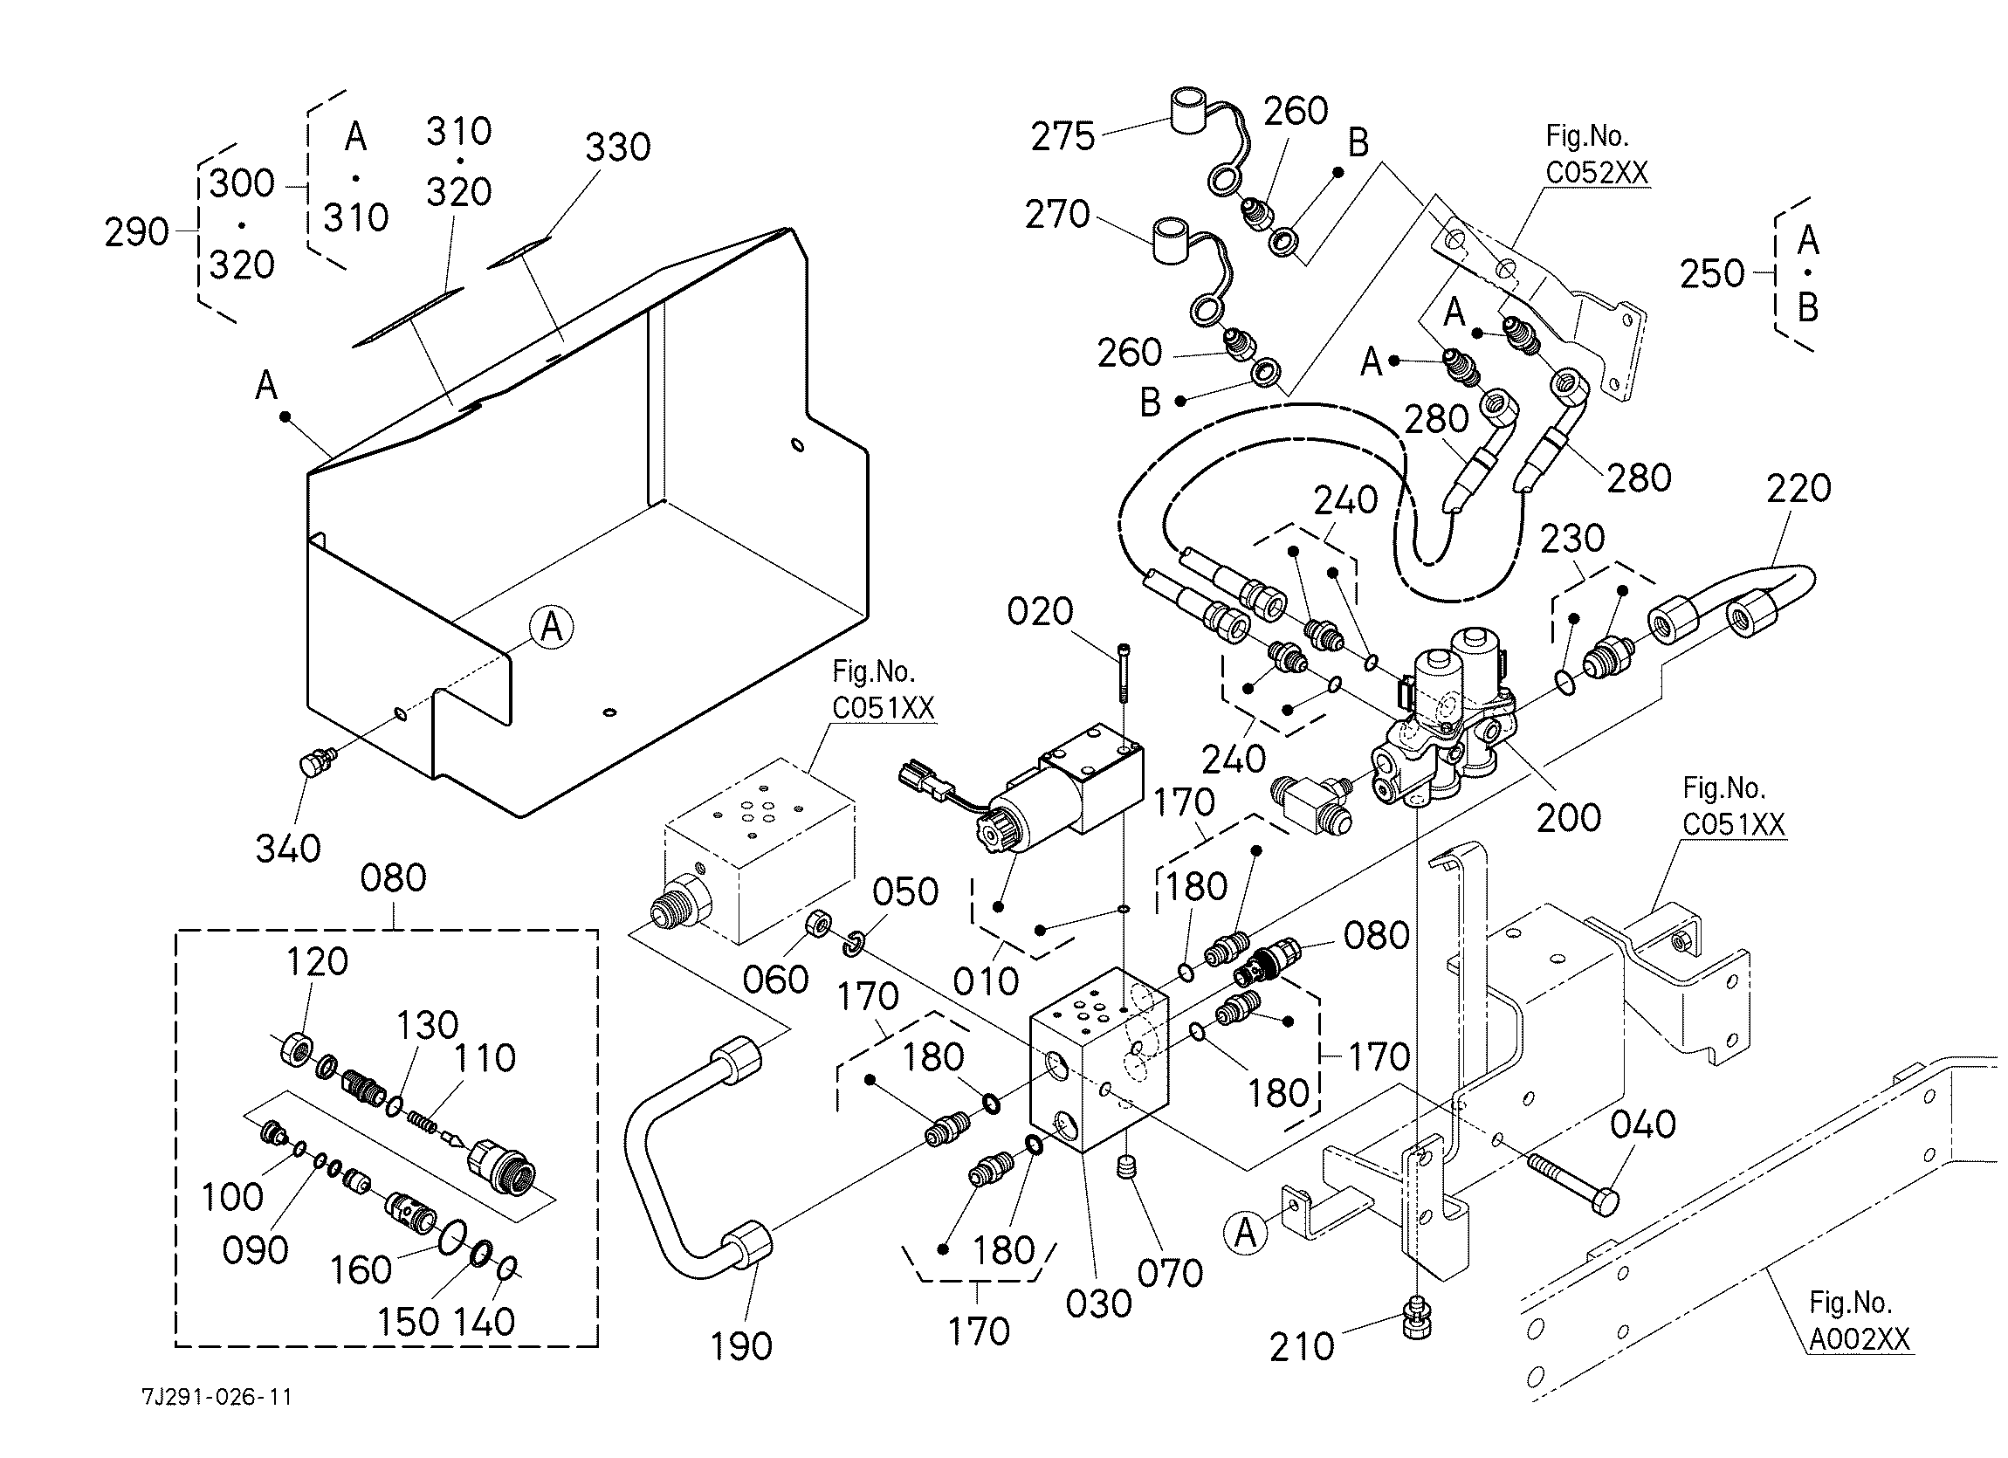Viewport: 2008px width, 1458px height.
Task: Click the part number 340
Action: (288, 849)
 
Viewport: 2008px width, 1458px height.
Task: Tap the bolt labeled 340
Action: (315, 761)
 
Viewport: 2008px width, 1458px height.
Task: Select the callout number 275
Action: (1062, 136)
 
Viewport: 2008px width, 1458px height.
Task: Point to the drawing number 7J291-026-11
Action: (217, 1397)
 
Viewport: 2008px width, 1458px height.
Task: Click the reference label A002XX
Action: (1860, 1339)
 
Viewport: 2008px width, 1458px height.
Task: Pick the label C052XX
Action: (1597, 172)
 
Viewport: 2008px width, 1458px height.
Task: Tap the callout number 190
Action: (742, 1346)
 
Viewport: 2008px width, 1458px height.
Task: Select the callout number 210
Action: (1302, 1346)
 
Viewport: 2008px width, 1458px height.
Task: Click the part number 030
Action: (1099, 1304)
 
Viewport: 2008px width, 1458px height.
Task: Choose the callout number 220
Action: (1799, 488)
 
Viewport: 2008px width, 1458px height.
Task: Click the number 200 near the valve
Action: (1569, 817)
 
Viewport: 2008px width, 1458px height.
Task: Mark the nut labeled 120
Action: (297, 1049)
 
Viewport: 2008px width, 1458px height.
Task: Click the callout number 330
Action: (618, 147)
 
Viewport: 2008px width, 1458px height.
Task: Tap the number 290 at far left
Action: (136, 232)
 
